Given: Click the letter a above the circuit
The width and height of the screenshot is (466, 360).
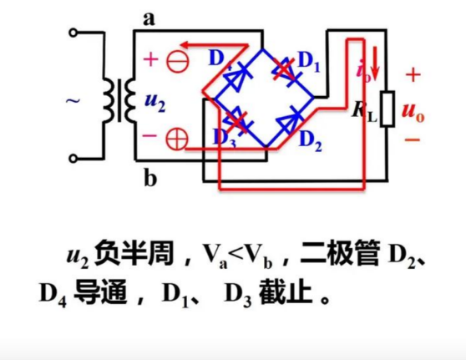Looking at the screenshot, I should [x=149, y=18].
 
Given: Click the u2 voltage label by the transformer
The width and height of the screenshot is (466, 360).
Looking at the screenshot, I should [x=154, y=102].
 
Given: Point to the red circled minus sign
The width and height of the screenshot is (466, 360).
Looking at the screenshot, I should [x=176, y=60].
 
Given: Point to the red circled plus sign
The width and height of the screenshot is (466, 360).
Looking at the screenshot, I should [x=177, y=139].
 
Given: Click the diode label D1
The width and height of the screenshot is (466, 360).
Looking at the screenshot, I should [x=309, y=60].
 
